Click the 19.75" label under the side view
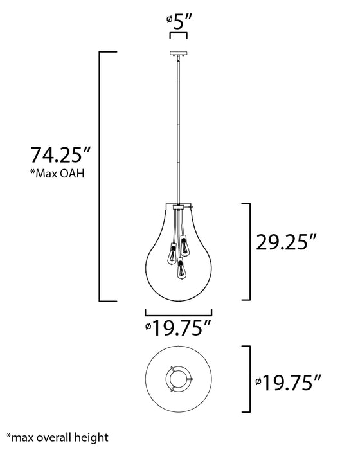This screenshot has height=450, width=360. (178, 328)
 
